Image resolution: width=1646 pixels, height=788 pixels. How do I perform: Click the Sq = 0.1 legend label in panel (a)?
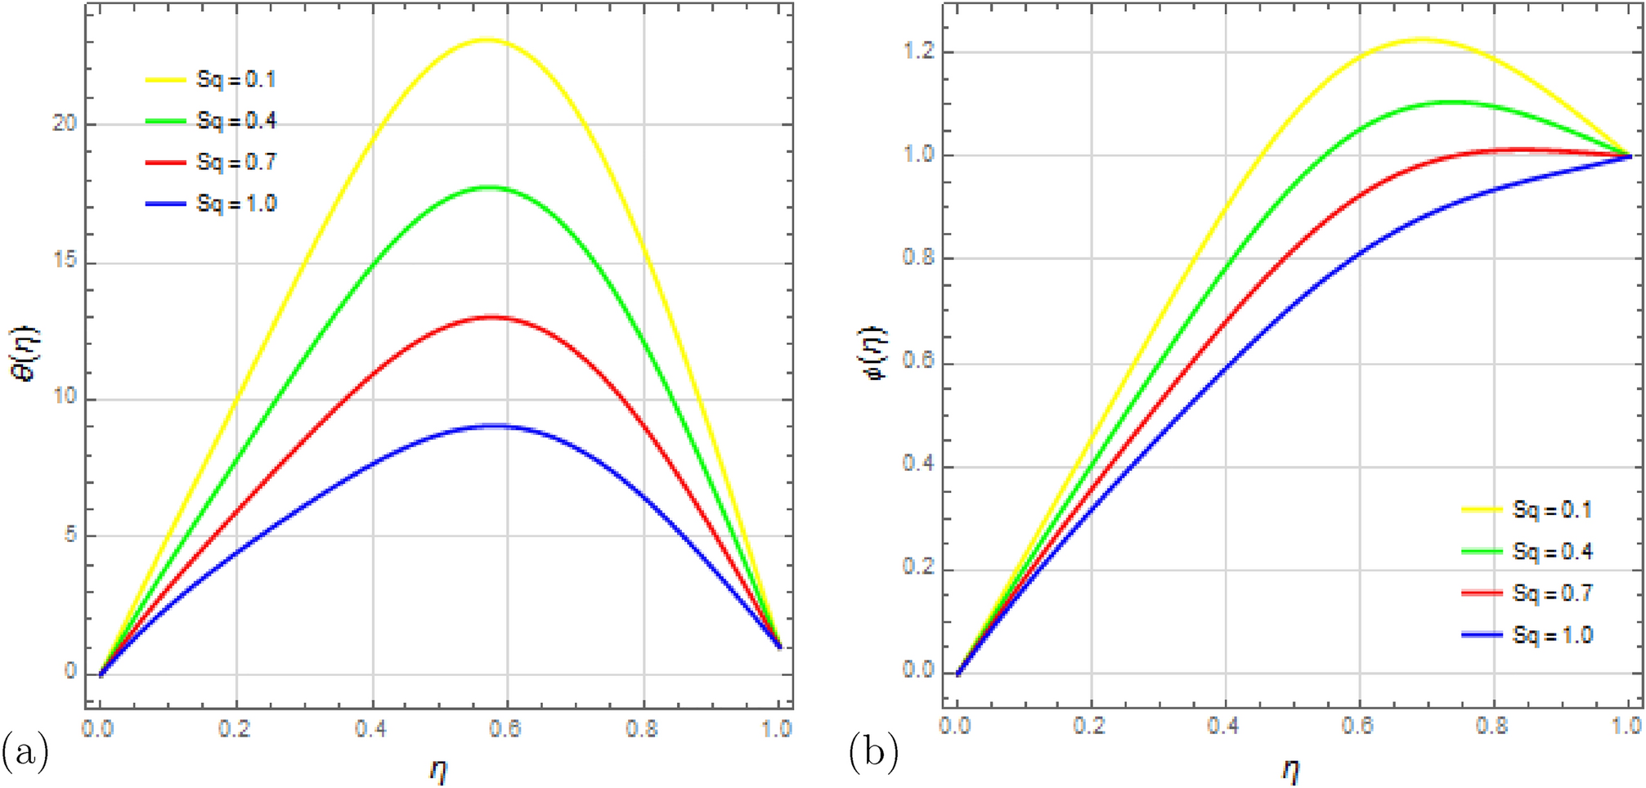point(236,80)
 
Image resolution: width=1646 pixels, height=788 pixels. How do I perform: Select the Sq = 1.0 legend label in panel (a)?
point(236,204)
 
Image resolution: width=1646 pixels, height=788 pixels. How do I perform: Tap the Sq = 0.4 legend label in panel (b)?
point(1552,552)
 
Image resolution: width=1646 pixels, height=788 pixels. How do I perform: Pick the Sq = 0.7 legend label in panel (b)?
point(1552,593)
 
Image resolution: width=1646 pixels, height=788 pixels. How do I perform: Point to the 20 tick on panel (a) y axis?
point(65,124)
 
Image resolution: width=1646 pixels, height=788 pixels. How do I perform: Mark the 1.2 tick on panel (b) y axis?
point(918,51)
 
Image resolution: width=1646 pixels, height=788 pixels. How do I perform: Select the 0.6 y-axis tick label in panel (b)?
point(918,362)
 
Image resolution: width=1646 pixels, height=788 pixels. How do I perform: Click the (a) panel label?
point(25,750)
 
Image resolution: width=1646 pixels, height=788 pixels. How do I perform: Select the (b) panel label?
point(873,750)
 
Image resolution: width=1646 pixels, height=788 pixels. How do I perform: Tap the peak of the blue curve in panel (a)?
point(493,425)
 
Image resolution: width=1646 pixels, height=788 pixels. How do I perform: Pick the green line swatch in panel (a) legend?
point(166,121)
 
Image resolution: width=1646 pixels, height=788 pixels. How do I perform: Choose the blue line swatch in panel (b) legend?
point(1482,635)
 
